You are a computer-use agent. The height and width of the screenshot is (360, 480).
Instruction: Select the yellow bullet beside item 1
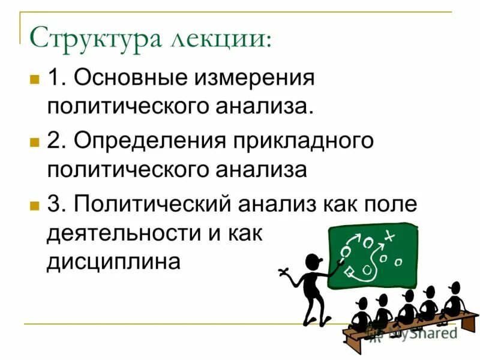pos(34,79)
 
